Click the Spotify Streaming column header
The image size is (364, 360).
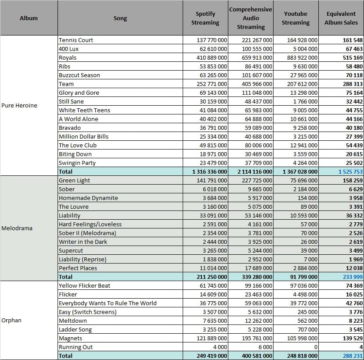pos(205,18)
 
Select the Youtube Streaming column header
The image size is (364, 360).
pos(296,18)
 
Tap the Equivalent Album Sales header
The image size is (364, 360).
pos(341,18)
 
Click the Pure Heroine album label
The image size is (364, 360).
pos(19,106)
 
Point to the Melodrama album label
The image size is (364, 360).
pos(17,228)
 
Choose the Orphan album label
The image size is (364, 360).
pos(11,321)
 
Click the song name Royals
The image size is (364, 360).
pos(68,58)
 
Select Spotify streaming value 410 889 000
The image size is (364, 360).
pos(212,58)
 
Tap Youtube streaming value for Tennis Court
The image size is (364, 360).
pos(302,40)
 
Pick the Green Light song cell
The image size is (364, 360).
pos(74,181)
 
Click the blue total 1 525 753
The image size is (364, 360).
pos(350,172)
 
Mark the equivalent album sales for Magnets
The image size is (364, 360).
pos(353,339)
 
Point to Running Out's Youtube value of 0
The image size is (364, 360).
pos(316,347)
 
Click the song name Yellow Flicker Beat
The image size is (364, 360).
pos(84,286)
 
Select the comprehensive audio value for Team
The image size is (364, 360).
pos(257,84)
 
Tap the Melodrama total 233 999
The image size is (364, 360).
pos(353,277)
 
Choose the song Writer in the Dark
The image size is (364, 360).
pos(83,242)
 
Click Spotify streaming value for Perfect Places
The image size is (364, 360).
pos(213,268)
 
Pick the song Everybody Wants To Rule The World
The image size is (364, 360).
pos(108,303)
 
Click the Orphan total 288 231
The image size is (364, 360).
pos(353,356)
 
